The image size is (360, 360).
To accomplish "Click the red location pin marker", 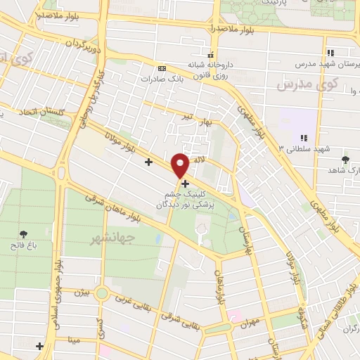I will [180, 165].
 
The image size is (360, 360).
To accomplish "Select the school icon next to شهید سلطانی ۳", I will [304, 138].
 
